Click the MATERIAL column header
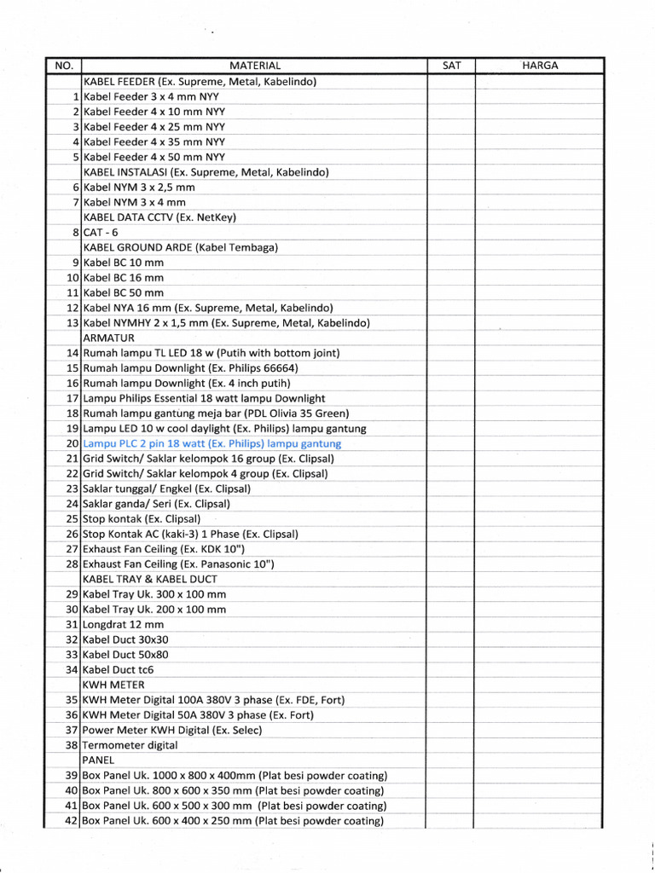tap(254, 66)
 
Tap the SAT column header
tap(451, 66)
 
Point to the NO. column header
tap(64, 66)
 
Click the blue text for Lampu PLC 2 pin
tap(212, 443)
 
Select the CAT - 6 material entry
tap(101, 232)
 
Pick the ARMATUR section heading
tap(107, 338)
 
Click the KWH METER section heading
tap(113, 685)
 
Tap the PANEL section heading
tap(98, 760)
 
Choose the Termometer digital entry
tap(130, 745)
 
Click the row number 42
tap(72, 821)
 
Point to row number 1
tap(76, 96)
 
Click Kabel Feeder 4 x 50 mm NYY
tap(154, 157)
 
